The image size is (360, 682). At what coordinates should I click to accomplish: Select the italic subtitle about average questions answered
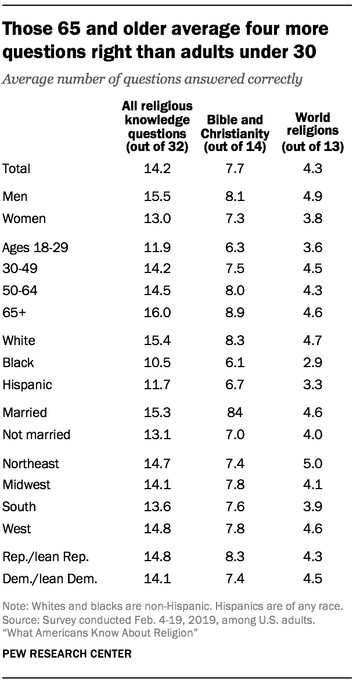(152, 80)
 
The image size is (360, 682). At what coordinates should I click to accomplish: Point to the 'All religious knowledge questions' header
(157, 126)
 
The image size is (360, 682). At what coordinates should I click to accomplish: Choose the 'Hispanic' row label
(27, 385)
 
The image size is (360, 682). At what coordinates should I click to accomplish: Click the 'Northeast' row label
(31, 463)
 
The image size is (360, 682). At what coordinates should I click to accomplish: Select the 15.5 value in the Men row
(157, 197)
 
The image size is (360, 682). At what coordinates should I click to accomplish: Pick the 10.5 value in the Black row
(157, 362)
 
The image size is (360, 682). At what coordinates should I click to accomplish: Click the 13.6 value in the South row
(157, 506)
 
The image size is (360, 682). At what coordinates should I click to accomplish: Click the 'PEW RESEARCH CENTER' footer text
(67, 654)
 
